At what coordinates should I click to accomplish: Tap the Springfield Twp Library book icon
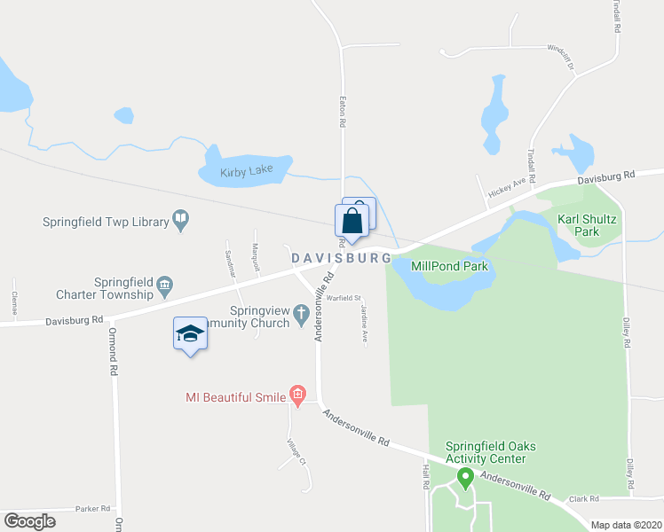(181, 219)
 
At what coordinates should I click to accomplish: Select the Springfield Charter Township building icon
(165, 285)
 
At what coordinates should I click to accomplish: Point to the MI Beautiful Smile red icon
(297, 395)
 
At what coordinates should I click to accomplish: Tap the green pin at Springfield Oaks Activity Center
(463, 478)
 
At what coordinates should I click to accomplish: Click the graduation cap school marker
(190, 333)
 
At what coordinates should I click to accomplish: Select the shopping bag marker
(352, 221)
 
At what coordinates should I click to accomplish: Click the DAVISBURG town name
(342, 257)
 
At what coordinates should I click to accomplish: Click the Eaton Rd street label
(342, 113)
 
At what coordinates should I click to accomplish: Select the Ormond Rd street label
(112, 340)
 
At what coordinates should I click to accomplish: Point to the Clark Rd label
(585, 498)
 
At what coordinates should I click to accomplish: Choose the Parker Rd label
(92, 509)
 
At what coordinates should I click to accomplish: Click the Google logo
(30, 521)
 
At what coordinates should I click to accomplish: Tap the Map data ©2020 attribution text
(626, 525)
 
